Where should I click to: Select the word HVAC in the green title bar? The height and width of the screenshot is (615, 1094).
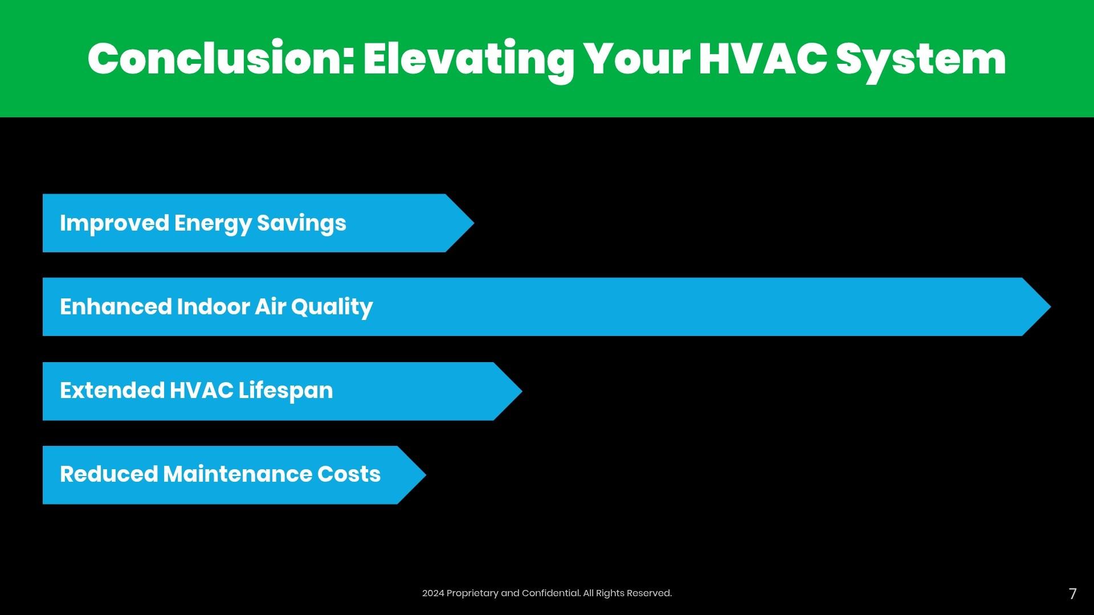[763, 59]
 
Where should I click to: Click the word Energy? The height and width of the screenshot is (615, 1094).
[213, 223]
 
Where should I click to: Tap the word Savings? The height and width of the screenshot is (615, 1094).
[301, 223]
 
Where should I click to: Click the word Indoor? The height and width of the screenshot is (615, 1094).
[213, 306]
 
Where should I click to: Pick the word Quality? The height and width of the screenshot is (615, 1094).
[332, 307]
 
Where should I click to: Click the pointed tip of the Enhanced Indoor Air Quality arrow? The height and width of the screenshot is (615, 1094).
[1050, 307]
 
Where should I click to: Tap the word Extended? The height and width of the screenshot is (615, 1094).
[112, 391]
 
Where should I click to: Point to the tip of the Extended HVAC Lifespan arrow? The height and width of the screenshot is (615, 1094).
[522, 391]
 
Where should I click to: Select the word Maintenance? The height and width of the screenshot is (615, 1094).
[237, 474]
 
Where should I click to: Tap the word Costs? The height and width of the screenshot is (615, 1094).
[349, 474]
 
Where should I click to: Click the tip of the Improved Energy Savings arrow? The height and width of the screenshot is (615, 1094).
[473, 223]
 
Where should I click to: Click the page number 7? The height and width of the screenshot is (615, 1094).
[1073, 594]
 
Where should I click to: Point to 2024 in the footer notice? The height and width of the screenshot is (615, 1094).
[432, 593]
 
